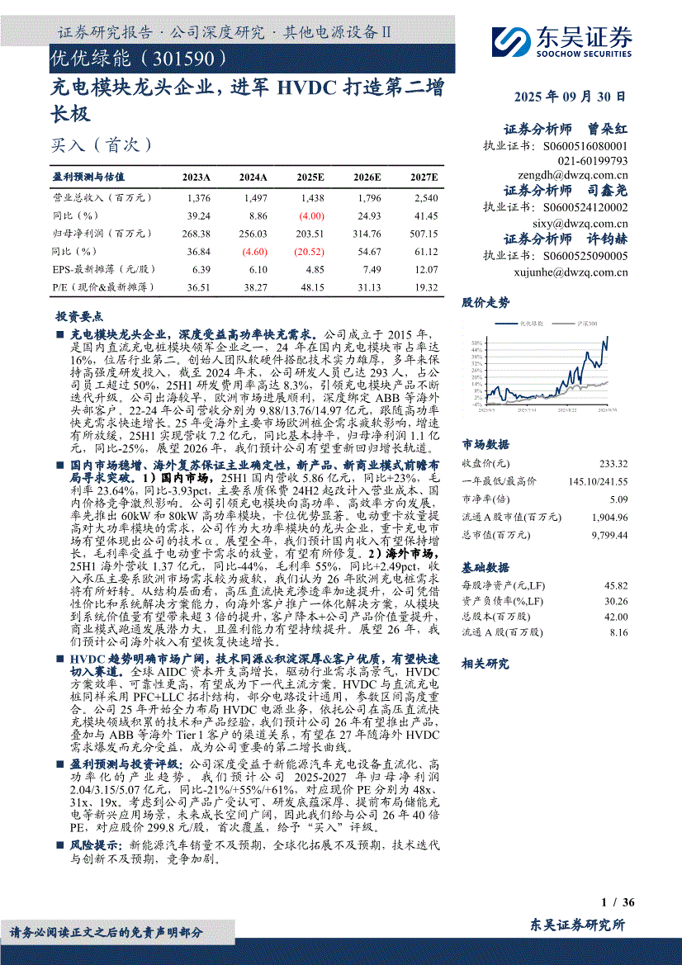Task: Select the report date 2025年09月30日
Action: (569, 97)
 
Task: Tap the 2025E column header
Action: (310, 177)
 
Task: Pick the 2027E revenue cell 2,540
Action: (426, 198)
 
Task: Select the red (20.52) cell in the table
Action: (310, 251)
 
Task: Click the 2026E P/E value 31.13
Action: (369, 286)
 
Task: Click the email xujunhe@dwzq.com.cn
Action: (580, 272)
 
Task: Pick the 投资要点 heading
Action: (79, 316)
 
